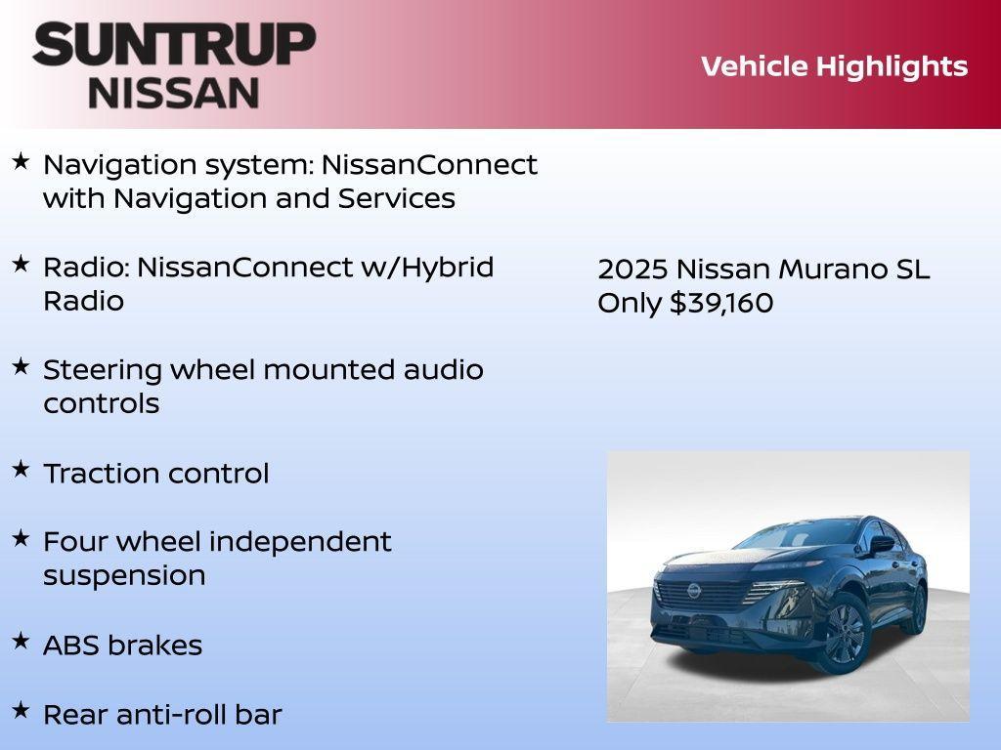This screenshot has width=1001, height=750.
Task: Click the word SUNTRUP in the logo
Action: [x=174, y=44]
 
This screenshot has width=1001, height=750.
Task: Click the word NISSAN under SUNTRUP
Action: [x=174, y=93]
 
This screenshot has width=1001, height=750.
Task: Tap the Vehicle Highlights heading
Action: [x=834, y=66]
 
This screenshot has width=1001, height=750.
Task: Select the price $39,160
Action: [x=721, y=304]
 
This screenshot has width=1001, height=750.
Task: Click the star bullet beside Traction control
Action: [x=21, y=470]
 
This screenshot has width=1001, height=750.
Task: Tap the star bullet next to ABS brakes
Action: [x=21, y=642]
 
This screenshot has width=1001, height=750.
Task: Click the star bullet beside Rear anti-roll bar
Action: [x=21, y=711]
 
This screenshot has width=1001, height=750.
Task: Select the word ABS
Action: [x=71, y=646]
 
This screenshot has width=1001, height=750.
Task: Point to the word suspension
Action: [x=124, y=576]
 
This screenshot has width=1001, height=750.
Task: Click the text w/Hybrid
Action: [x=427, y=268]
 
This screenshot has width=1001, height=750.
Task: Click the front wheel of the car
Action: [x=844, y=633]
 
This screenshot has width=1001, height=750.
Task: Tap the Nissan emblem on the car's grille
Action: [x=693, y=591]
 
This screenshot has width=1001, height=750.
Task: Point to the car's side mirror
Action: [x=882, y=544]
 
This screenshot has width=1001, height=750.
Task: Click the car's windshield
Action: [x=782, y=537]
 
